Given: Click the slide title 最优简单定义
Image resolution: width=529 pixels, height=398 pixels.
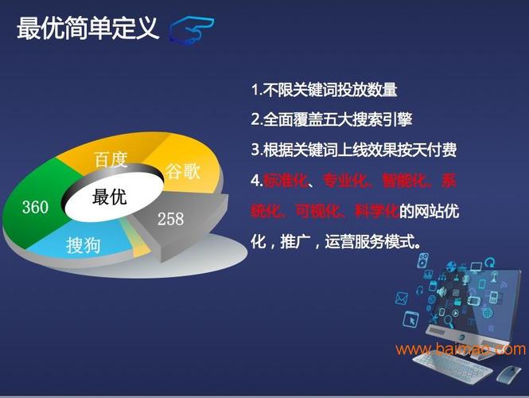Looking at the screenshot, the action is (88, 28).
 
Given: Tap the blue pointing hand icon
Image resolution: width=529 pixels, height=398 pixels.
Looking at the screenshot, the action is (192, 29).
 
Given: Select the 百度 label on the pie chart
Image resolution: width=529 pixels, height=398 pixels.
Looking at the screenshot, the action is (111, 160).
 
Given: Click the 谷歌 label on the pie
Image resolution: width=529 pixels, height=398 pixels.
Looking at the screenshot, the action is (183, 171).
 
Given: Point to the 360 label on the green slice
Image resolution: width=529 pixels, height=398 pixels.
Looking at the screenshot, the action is (36, 207).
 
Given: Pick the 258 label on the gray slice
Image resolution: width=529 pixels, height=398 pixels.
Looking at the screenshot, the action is (171, 219).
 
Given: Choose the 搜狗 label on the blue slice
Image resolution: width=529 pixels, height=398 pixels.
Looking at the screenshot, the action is (84, 244).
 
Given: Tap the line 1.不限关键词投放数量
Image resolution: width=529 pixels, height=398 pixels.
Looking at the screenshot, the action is (324, 90).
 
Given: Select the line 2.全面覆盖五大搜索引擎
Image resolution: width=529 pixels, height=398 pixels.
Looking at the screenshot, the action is (331, 119).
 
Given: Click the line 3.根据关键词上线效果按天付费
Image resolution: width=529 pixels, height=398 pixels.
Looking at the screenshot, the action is (353, 150).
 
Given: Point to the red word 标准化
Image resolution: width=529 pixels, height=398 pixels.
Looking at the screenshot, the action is (286, 181).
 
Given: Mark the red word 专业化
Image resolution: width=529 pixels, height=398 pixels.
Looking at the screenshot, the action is (344, 181).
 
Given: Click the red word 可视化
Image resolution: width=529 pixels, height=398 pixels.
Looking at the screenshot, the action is (317, 211).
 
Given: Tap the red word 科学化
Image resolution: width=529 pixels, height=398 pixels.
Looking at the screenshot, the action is (377, 211).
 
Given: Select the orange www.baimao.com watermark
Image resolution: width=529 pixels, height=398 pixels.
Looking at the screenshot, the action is (461, 349).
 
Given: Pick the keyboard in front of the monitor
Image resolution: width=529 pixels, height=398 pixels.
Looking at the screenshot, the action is (452, 367).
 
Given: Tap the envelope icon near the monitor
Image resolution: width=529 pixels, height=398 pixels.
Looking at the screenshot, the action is (402, 298).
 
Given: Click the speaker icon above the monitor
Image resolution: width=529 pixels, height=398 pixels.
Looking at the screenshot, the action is (423, 260).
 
